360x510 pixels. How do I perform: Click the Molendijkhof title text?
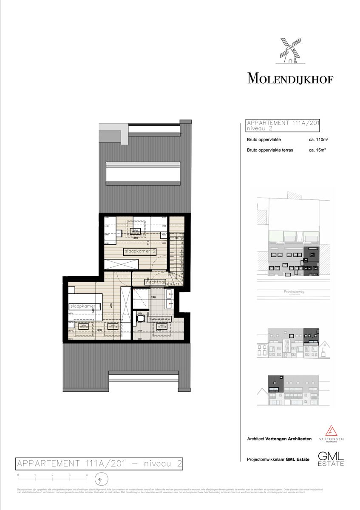click(290, 79)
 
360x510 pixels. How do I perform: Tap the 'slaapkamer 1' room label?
click(85, 306)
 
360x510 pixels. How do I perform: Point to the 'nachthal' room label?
click(155, 282)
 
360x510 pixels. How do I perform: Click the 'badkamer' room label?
click(159, 318)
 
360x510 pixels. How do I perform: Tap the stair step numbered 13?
click(177, 283)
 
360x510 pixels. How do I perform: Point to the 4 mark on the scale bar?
click(87, 474)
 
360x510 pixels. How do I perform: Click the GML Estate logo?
click(331, 459)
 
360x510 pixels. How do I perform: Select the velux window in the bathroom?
click(162, 326)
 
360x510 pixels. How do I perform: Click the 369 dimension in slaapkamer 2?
click(136, 238)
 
